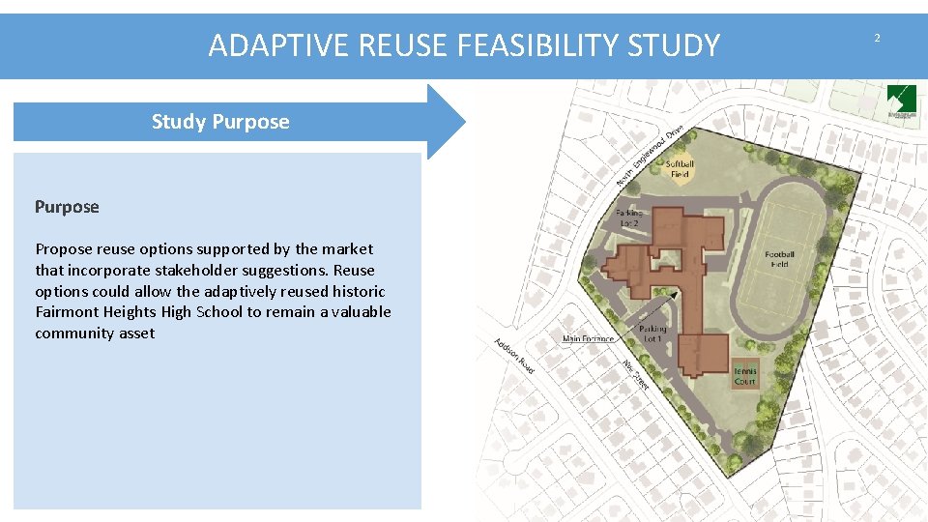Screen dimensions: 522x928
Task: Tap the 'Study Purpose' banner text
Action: click(220, 122)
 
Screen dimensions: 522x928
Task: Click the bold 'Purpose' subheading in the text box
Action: click(67, 207)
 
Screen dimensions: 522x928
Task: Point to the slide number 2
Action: click(877, 38)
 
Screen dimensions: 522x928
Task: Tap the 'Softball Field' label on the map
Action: click(680, 169)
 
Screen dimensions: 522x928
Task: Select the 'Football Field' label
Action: click(779, 259)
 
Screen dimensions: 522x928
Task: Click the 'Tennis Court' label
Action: click(744, 376)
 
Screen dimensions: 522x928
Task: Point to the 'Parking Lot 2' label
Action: click(629, 217)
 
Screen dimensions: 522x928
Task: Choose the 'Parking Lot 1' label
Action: click(652, 333)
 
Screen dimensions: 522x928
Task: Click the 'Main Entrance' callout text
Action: click(588, 339)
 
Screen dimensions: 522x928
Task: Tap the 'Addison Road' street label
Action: click(513, 356)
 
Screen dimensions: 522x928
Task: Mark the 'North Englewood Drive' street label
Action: click(651, 155)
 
